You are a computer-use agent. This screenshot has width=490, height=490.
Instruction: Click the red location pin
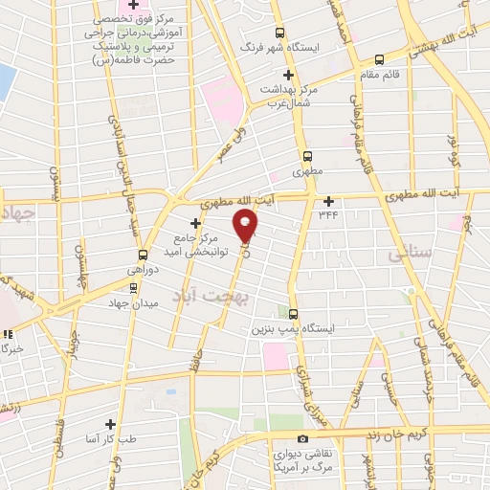[x=247, y=226]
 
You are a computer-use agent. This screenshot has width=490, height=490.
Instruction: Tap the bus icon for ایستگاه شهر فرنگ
[x=279, y=32]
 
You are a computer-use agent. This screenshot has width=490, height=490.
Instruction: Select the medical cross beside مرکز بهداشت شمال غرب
[x=288, y=75]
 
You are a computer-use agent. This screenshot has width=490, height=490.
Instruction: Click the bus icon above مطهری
[x=307, y=156]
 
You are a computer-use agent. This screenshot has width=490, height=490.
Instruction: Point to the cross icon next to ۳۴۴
[x=329, y=201]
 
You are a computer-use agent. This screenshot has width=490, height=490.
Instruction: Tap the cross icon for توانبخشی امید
[x=196, y=222]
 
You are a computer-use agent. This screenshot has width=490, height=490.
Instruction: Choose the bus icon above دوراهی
[x=143, y=255]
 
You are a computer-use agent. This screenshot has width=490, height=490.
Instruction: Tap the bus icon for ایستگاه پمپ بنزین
[x=293, y=313]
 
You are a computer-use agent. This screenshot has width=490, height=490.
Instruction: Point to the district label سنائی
[x=412, y=255]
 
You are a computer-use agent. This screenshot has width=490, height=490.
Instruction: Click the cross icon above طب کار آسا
[x=110, y=424]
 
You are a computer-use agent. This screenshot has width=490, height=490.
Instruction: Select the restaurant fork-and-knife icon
[x=8, y=334]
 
